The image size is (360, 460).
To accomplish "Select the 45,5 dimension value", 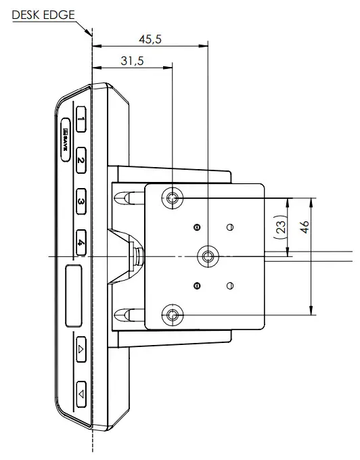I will click(x=150, y=39).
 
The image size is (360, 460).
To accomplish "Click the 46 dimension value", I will click(x=305, y=226).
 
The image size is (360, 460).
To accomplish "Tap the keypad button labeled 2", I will click(x=81, y=161).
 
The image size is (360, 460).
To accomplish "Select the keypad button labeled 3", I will click(x=81, y=202).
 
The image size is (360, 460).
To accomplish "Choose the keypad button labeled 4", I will click(x=81, y=242).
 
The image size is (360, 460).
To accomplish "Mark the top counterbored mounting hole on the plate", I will click(x=173, y=198).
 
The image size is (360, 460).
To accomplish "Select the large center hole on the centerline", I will click(x=206, y=256).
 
